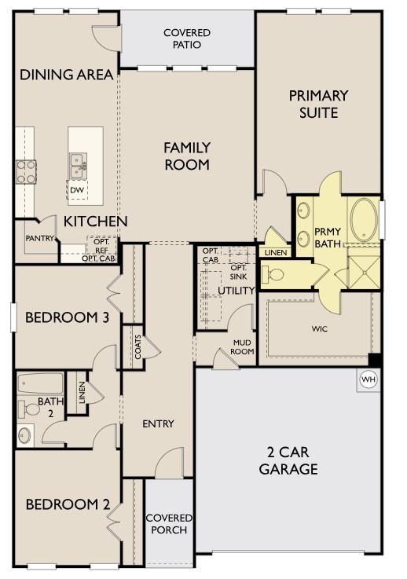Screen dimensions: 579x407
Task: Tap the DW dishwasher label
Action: [x=77, y=190]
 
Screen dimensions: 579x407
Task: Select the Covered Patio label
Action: [x=187, y=38]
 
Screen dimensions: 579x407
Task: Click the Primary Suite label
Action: [x=318, y=104]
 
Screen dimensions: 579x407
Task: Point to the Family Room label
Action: [x=187, y=156]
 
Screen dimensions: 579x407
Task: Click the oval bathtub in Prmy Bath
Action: [x=363, y=219]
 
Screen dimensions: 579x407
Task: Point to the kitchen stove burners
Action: [x=26, y=171]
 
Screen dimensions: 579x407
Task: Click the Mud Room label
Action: [x=242, y=347]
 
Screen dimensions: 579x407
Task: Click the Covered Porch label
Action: [x=167, y=523]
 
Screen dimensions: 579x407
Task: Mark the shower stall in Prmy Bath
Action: [x=363, y=268]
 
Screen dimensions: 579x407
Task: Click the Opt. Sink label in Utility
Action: [x=239, y=272]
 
